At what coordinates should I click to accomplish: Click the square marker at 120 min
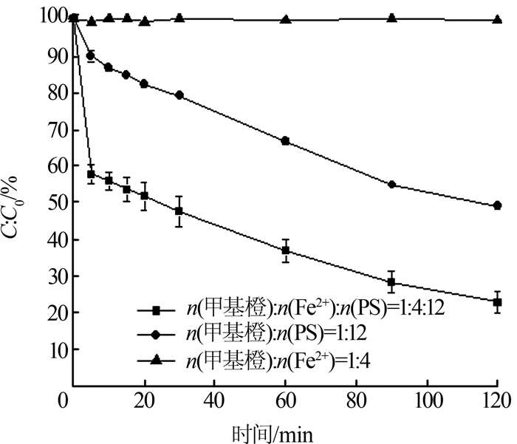[x=497, y=302]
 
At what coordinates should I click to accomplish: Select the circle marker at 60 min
[x=285, y=141]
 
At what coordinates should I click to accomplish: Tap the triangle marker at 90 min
[x=391, y=18]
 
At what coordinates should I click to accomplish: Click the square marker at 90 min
[x=391, y=282]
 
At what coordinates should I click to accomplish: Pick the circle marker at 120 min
[x=497, y=205]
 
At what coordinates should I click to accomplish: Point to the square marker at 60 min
[x=285, y=250]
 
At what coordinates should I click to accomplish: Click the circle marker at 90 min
[x=391, y=185]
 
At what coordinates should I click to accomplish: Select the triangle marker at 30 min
[x=179, y=17]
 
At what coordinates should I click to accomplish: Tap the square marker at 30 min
[x=179, y=211]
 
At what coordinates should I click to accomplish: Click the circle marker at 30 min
[x=179, y=95]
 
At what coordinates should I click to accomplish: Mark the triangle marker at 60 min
[x=285, y=18]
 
